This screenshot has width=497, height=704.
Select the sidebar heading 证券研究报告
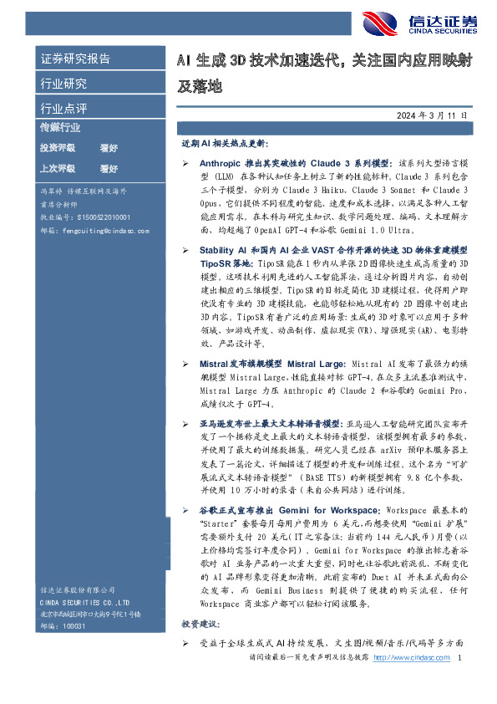tap(75, 59)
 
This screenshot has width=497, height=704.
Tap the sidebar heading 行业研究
tap(63, 84)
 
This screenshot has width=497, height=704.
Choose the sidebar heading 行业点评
tap(63, 108)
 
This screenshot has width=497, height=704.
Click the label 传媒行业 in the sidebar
tap(61, 128)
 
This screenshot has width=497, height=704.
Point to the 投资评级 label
tap(58, 147)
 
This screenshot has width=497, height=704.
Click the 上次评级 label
tap(58, 168)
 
